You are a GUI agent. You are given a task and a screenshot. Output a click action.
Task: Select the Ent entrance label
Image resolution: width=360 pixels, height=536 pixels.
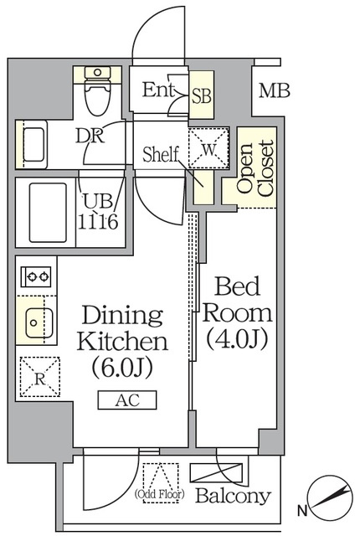(x=159, y=90)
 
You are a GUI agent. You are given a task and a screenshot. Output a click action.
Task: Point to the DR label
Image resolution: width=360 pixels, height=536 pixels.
(x=90, y=137)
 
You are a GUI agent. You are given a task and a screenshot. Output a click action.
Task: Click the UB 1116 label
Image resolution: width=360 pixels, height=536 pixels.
(x=100, y=213)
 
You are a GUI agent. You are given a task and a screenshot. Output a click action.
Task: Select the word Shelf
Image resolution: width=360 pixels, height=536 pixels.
(x=162, y=155)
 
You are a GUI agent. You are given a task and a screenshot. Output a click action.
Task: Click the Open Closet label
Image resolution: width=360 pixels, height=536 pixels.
(x=255, y=170)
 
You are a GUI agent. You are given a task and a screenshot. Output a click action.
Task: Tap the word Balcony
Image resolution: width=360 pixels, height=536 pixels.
(x=234, y=496)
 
